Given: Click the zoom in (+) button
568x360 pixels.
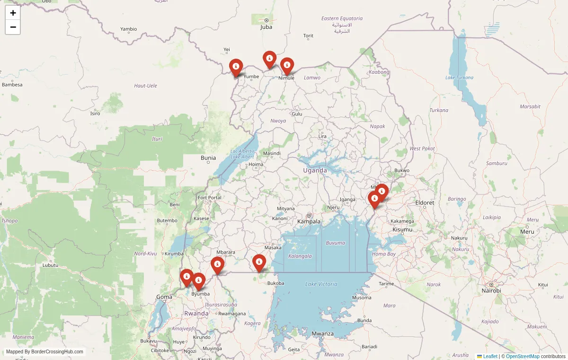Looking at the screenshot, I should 13,13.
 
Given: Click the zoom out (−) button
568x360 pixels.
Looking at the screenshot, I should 13,27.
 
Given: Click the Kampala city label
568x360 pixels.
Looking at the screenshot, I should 309,221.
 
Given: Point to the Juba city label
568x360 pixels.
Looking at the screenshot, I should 266,27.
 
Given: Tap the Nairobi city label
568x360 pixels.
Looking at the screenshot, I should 491,290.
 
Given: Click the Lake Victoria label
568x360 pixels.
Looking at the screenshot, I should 321,284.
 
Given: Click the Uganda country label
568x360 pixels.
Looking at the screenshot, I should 315,170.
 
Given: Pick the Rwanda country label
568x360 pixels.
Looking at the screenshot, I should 196,313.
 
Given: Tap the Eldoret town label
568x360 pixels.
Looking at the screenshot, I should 425,202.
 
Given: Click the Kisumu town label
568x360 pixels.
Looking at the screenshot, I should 402,229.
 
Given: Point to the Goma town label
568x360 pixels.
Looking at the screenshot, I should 164,297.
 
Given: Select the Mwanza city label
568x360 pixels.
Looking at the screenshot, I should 322,334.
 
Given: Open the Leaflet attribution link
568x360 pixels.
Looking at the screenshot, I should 490,356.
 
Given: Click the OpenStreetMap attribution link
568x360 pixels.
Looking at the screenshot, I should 523,356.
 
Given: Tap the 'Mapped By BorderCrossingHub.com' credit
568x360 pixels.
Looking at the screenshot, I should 44,351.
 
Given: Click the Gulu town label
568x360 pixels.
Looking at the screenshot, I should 297,114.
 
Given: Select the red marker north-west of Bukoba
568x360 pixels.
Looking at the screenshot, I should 259,263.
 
